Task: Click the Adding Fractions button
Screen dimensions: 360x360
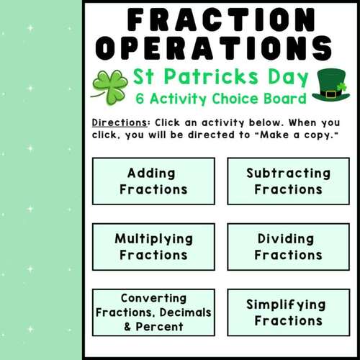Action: click(x=153, y=181)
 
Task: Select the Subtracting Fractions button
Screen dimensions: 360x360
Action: click(x=288, y=181)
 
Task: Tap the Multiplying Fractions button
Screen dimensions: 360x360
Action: click(x=153, y=247)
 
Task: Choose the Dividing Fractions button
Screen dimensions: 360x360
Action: click(x=288, y=247)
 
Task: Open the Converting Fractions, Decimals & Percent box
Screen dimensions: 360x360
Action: click(x=153, y=312)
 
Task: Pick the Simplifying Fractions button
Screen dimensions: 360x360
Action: click(x=288, y=312)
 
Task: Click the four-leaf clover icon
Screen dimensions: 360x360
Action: click(x=109, y=86)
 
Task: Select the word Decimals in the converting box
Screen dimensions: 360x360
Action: click(x=186, y=312)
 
